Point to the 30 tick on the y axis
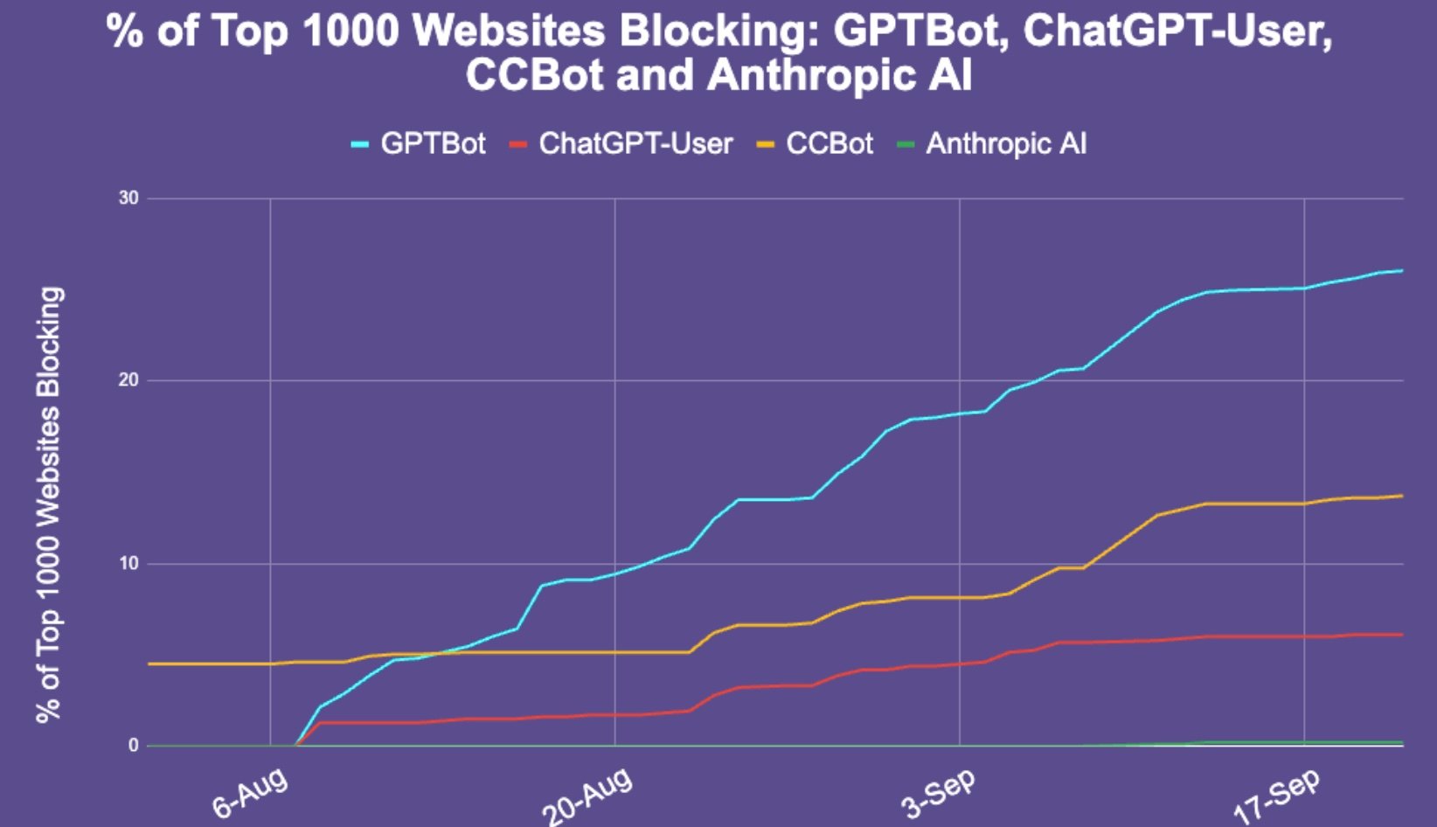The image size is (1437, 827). click(128, 198)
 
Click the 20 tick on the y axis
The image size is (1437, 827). click(128, 380)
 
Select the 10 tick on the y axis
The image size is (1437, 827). click(128, 563)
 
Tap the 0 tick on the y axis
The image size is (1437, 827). click(133, 746)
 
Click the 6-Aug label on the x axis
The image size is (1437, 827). click(251, 794)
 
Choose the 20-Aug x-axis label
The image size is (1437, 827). click(587, 796)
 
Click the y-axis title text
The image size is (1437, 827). click(49, 504)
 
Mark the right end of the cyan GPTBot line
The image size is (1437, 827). click(1402, 270)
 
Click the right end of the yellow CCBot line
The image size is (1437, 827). click(1402, 496)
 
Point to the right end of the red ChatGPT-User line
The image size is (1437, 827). click(1402, 635)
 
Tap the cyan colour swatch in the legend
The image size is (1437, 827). click(360, 144)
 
